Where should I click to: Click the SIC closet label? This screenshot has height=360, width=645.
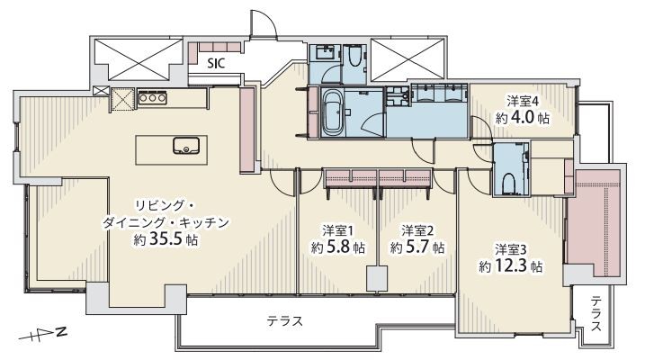click(216, 64)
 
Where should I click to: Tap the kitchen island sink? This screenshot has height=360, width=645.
click(186, 145)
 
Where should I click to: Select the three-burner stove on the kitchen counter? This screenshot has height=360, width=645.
click(153, 98)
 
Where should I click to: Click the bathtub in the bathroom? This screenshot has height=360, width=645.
click(332, 112)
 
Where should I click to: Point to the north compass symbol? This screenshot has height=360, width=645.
click(43, 334)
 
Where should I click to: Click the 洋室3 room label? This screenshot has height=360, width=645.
click(510, 249)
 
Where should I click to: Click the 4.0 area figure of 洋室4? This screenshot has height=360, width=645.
click(523, 118)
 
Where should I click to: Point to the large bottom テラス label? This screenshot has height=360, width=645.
click(284, 320)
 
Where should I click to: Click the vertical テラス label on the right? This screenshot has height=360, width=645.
click(596, 313)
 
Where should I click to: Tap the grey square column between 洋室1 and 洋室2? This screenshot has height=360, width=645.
click(377, 279)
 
